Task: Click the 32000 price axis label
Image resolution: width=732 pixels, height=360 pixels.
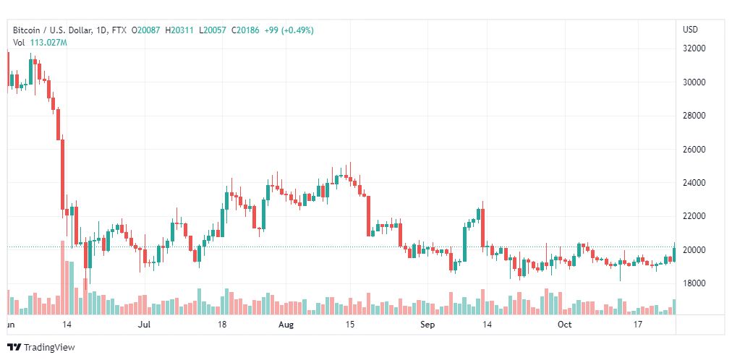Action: pyautogui.click(x=694, y=48)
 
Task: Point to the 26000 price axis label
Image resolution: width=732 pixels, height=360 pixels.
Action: pyautogui.click(x=694, y=150)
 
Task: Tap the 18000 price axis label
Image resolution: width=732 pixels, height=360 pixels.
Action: pyautogui.click(x=694, y=283)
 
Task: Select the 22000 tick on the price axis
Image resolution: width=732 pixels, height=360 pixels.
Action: pyautogui.click(x=694, y=216)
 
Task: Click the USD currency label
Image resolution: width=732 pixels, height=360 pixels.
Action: pyautogui.click(x=690, y=30)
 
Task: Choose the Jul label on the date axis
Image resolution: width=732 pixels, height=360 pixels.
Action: pyautogui.click(x=144, y=325)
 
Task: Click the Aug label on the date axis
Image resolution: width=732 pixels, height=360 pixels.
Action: pyautogui.click(x=286, y=325)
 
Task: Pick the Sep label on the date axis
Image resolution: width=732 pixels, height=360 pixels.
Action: pyautogui.click(x=427, y=325)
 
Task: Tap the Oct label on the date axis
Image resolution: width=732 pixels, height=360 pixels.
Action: pyautogui.click(x=564, y=325)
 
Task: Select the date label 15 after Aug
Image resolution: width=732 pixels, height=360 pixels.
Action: pyautogui.click(x=350, y=325)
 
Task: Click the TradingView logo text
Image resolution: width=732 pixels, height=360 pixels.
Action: pyautogui.click(x=49, y=347)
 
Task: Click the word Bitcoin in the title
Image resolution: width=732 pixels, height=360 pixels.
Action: pyautogui.click(x=27, y=30)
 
